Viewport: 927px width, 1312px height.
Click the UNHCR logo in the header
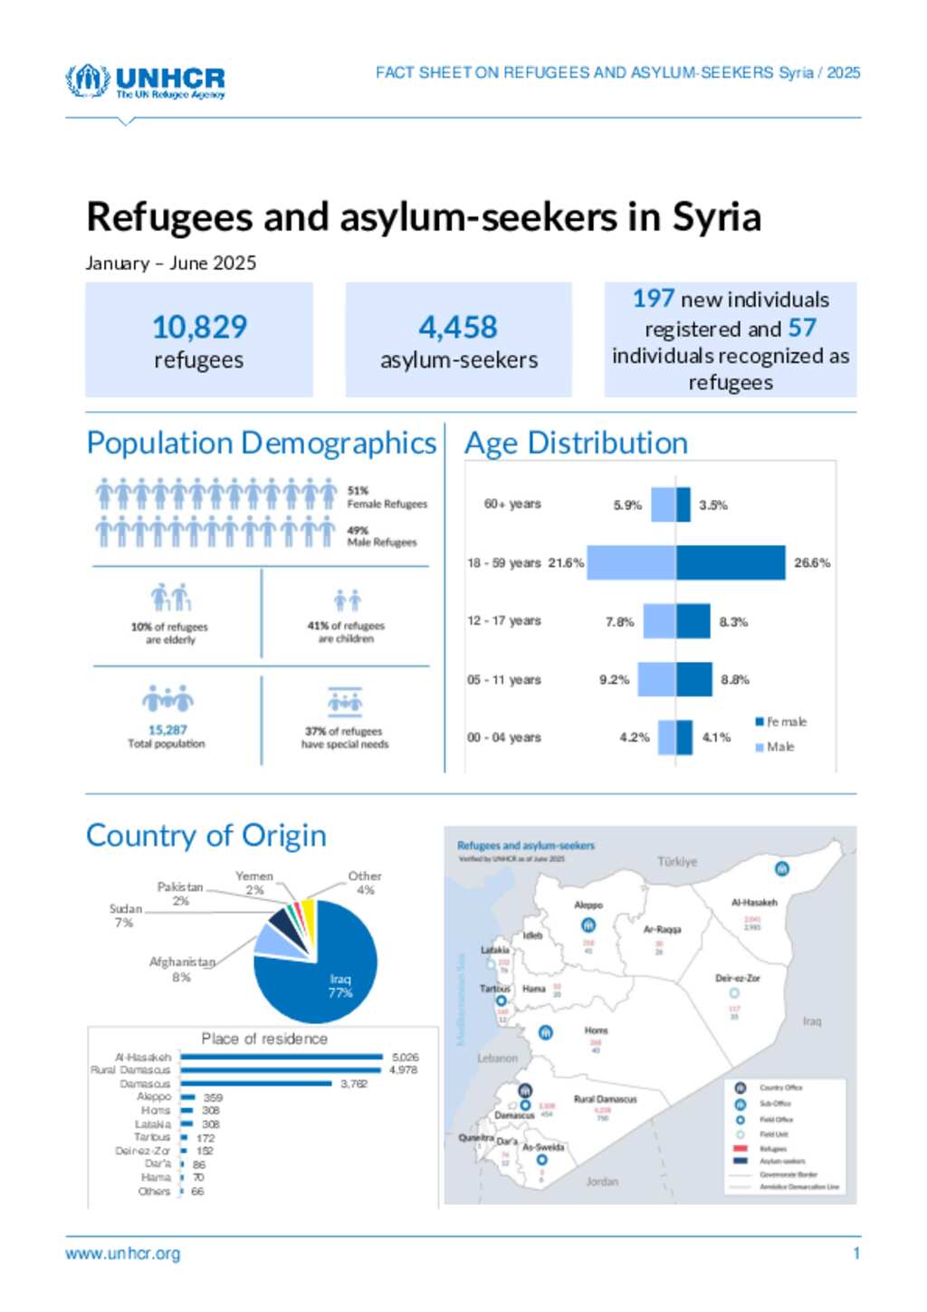pyautogui.click(x=145, y=81)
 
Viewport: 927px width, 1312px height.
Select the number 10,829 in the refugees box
pyautogui.click(x=199, y=327)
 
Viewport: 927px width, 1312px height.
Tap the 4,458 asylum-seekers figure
pyautogui.click(x=458, y=327)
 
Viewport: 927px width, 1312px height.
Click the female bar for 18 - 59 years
pyautogui.click(x=730, y=562)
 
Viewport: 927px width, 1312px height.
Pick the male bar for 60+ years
pyautogui.click(x=664, y=504)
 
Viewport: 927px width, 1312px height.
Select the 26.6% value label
pyautogui.click(x=812, y=562)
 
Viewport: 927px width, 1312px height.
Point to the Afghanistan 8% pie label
pyautogui.click(x=182, y=969)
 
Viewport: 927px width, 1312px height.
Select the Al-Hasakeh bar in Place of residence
pyautogui.click(x=282, y=1057)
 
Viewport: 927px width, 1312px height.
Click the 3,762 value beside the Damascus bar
pyautogui.click(x=354, y=1083)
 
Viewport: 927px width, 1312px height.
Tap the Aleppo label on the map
pyautogui.click(x=588, y=905)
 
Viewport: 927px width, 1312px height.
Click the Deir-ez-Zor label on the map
pyautogui.click(x=737, y=978)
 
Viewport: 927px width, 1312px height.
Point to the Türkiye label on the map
pyautogui.click(x=677, y=861)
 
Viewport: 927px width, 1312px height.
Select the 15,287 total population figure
pyautogui.click(x=167, y=730)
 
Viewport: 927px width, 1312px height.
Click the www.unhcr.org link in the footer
pyautogui.click(x=122, y=1253)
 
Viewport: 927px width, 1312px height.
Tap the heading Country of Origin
pyautogui.click(x=206, y=835)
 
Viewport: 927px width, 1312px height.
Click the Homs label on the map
pyautogui.click(x=596, y=1030)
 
